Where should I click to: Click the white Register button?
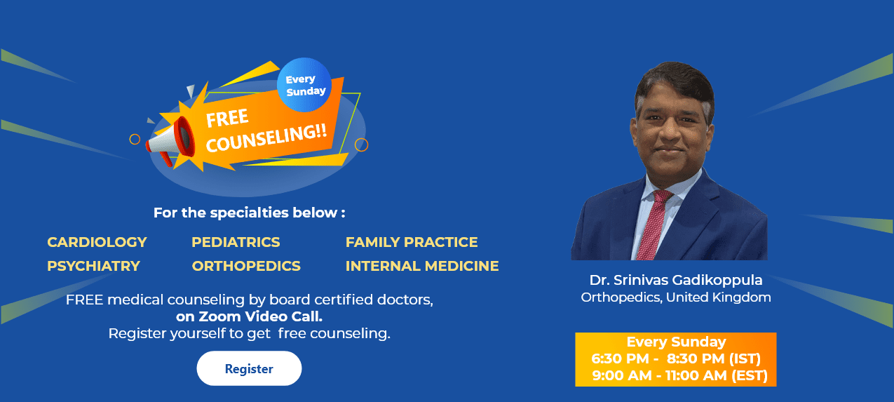click(x=249, y=368)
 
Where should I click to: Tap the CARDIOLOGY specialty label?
click(x=97, y=242)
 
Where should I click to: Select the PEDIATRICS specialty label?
click(x=236, y=242)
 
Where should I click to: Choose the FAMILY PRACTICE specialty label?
click(x=412, y=242)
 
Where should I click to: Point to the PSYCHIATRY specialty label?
click(x=93, y=266)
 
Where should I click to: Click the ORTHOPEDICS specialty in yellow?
click(x=246, y=266)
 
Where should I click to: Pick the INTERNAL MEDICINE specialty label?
click(x=422, y=266)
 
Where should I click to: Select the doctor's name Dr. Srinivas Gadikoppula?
click(x=675, y=281)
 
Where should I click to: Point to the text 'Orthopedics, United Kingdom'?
click(x=675, y=297)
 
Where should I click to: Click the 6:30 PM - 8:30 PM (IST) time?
click(x=676, y=359)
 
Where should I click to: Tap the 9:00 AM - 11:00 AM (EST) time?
click(x=679, y=376)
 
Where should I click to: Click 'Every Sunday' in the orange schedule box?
click(x=676, y=342)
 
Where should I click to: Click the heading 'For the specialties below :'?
click(x=249, y=213)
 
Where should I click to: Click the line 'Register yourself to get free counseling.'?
click(x=249, y=333)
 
